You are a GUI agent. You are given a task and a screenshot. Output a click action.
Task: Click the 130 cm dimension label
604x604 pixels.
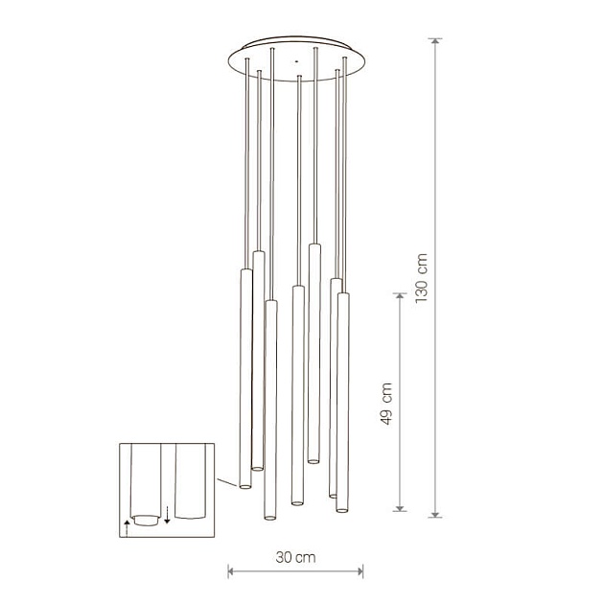tap(422, 278)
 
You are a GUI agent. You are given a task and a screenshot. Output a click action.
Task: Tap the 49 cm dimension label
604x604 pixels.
tap(386, 404)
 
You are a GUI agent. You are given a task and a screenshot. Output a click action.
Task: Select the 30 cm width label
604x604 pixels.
tap(295, 557)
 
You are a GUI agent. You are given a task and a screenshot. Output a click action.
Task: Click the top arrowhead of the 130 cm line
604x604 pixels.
tap(435, 41)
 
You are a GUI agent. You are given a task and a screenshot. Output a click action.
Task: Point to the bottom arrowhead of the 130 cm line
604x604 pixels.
tap(435, 514)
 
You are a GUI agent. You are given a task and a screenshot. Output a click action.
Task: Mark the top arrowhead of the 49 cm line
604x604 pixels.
tap(400, 296)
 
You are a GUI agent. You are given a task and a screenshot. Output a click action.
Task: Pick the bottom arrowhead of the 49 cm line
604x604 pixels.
tap(400, 508)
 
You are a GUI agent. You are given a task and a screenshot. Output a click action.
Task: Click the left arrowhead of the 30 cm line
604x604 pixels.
tap(231, 571)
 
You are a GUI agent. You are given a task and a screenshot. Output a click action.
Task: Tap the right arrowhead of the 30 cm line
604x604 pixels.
tap(360, 571)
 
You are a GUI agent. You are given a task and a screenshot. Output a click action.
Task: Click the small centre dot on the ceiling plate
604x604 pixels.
tap(296, 60)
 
